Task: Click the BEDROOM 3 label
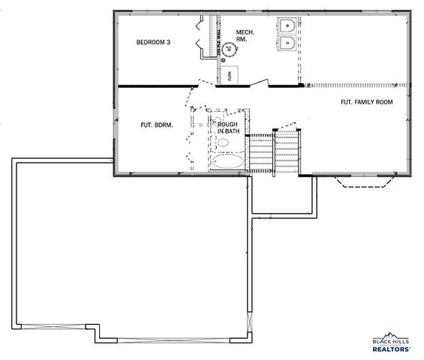coord(153,43)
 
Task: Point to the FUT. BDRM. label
coord(157,125)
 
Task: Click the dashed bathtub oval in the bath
coord(227,160)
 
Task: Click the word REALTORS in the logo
coord(391,349)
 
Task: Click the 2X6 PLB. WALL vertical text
coord(219,41)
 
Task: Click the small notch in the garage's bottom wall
coord(94,330)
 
